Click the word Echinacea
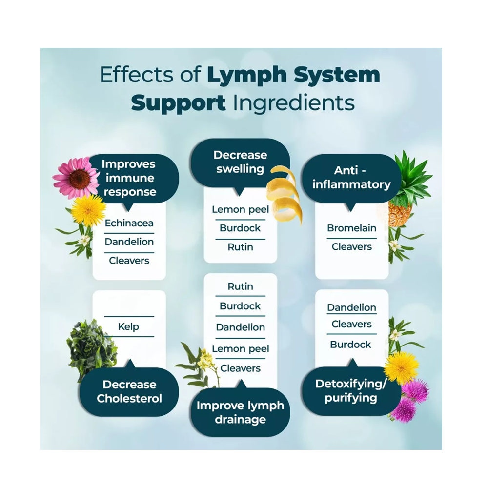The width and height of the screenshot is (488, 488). coord(129,224)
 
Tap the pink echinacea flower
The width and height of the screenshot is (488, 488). coord(77,178)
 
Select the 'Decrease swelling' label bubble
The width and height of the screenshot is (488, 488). coord(240,163)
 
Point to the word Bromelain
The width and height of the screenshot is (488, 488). coord(351,228)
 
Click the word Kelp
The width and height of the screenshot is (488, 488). coord(129,326)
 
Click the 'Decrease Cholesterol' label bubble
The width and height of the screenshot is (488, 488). coord(129,391)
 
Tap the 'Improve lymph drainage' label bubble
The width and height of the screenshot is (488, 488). coord(240,412)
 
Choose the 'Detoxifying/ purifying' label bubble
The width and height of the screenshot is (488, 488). coord(350,390)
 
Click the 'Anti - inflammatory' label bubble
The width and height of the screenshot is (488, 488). coord(351,178)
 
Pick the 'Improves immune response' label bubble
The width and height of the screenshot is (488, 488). coord(129,178)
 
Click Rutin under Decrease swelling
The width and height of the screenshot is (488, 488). coord(240,247)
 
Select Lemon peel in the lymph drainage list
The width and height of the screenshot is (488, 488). coord(240,349)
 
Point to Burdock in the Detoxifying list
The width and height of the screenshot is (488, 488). coord(350,345)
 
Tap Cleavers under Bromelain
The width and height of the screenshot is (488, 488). coord(351,247)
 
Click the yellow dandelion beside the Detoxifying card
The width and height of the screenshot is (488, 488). coord(401,367)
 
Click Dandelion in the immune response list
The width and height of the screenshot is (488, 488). coord(129,242)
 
